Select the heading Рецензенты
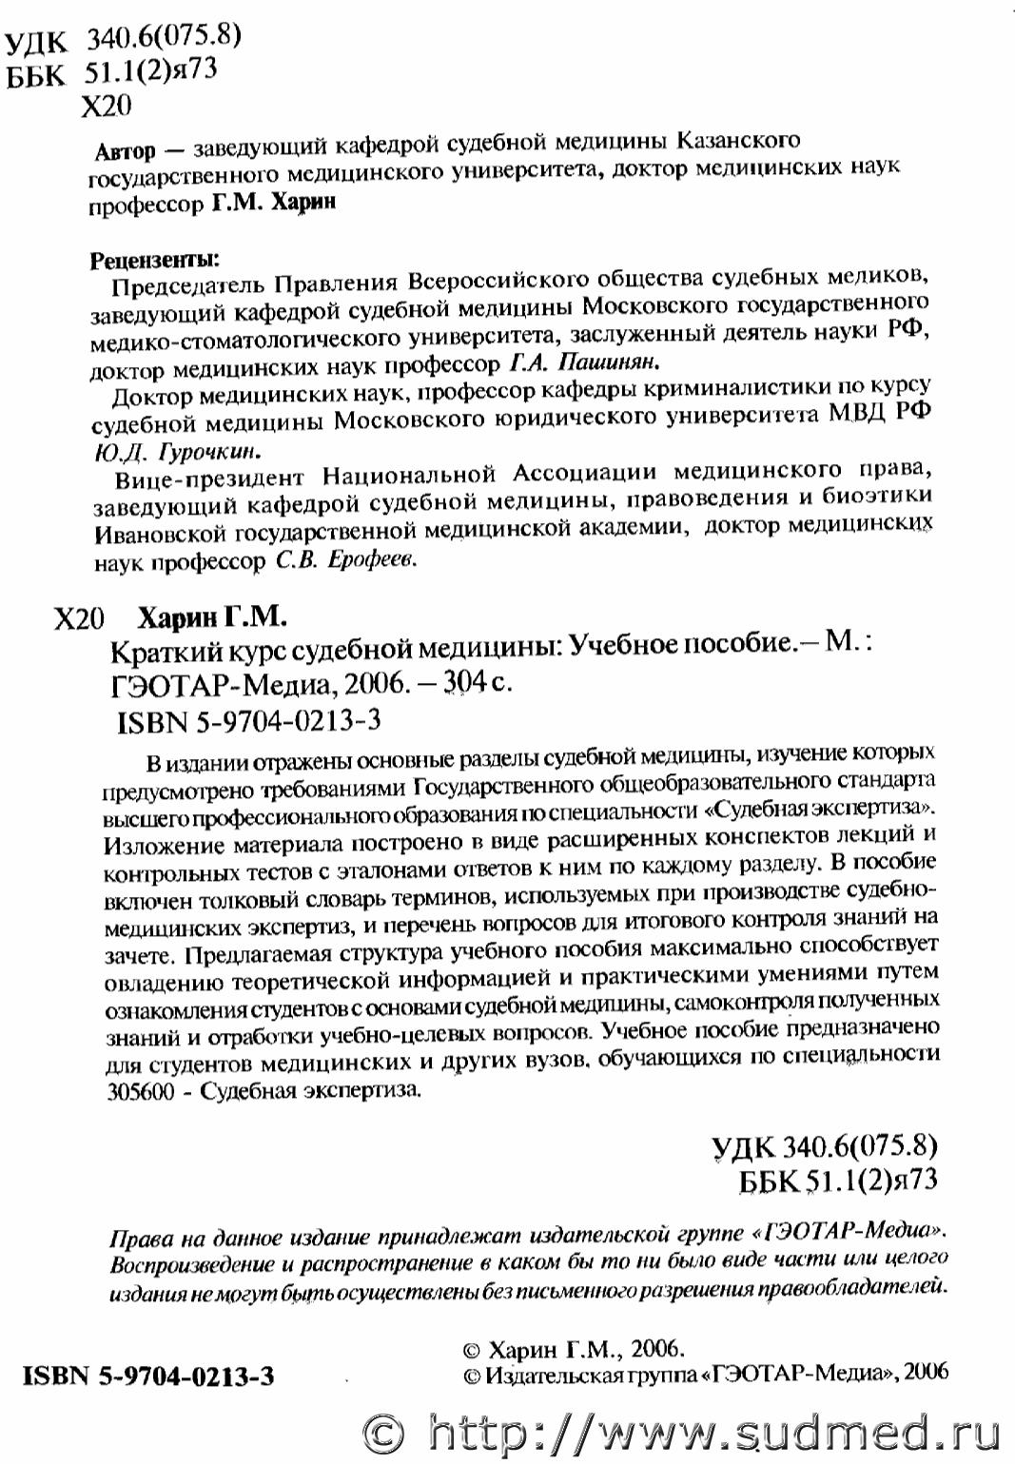click(x=153, y=259)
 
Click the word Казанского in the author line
click(x=737, y=141)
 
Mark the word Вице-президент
click(x=209, y=477)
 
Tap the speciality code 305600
click(x=142, y=1091)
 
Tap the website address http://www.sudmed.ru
click(x=713, y=1432)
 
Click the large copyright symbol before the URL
click(x=386, y=1433)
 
